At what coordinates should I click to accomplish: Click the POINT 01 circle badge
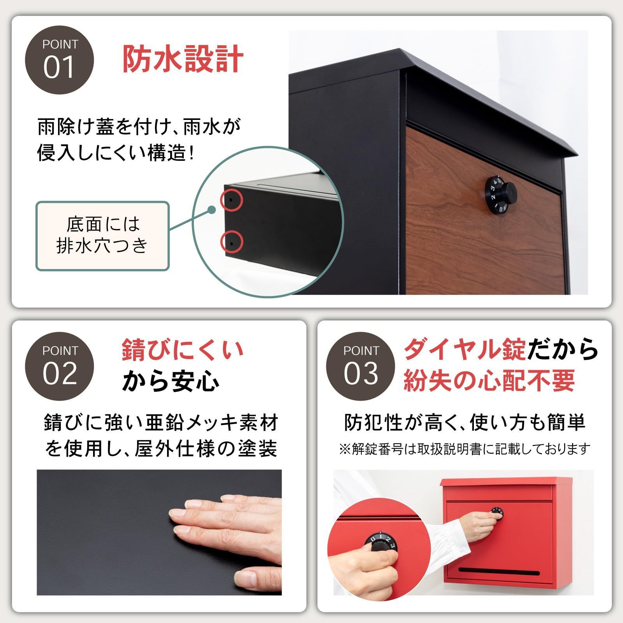(x=59, y=60)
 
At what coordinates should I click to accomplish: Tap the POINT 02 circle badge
(x=59, y=366)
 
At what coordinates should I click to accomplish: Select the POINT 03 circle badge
(x=360, y=366)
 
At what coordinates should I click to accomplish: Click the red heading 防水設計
(x=183, y=59)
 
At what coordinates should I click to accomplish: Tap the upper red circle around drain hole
(x=232, y=200)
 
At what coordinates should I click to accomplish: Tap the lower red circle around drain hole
(x=232, y=242)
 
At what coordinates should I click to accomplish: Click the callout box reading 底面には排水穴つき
(x=102, y=236)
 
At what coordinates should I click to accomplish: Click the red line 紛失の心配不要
(x=489, y=380)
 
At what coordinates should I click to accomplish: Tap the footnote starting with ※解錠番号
(x=464, y=449)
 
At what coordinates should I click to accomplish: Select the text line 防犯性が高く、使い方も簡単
(x=464, y=422)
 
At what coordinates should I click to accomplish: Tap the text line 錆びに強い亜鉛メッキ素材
(x=161, y=423)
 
